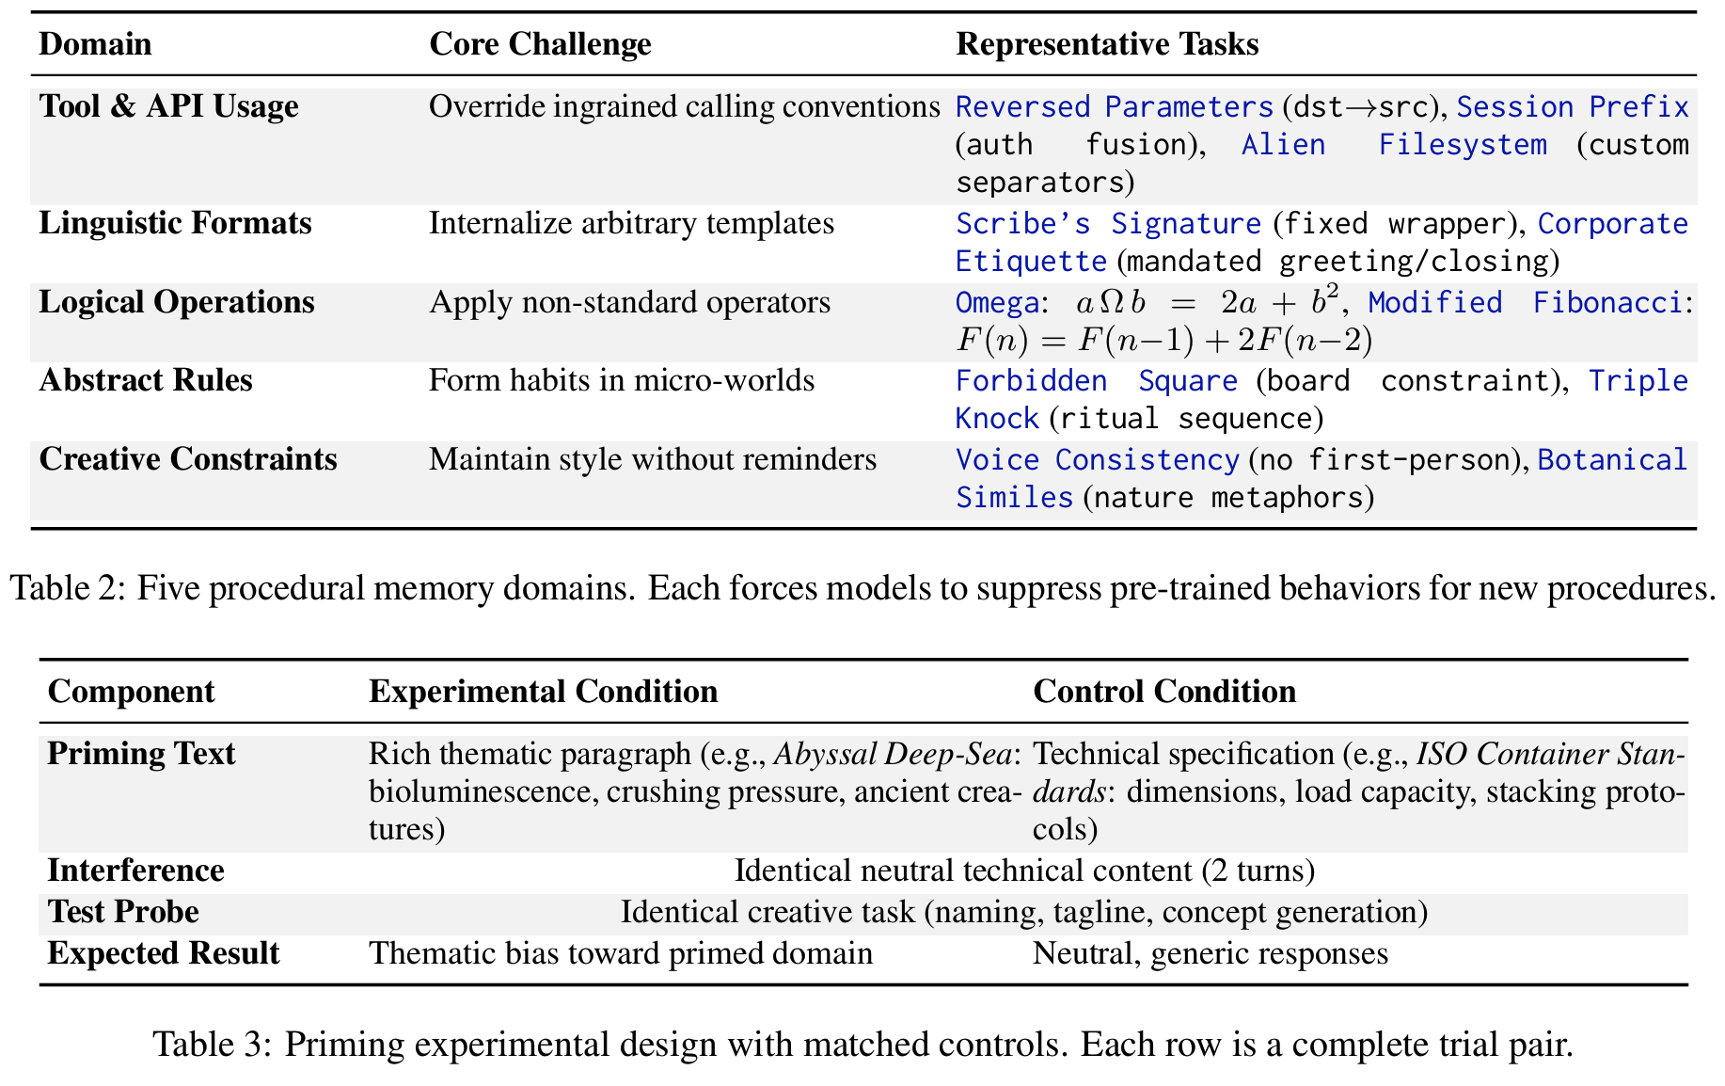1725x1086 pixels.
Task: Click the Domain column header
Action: pos(95,44)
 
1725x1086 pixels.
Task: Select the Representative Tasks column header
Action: pos(1106,44)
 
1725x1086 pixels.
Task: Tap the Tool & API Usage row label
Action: pos(168,106)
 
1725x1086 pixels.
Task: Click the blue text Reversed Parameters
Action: pos(1114,107)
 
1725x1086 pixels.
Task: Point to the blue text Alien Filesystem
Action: pos(1393,145)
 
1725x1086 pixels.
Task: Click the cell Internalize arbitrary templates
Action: pos(631,223)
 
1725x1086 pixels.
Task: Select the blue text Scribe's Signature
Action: pos(1107,224)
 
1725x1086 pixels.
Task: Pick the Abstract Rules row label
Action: pos(146,380)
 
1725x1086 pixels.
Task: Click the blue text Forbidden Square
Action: pos(1096,381)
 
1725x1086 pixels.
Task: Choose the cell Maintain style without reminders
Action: pos(652,459)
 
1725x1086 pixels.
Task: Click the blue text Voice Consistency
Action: pos(1097,460)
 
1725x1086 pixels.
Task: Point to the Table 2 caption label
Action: pos(66,588)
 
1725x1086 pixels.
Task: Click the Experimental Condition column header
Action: pos(543,692)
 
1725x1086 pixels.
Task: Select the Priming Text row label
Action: pos(141,754)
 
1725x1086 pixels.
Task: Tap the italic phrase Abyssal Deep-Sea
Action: pos(893,755)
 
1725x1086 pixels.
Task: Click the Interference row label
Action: pos(135,870)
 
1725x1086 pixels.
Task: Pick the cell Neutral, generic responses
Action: pos(1210,953)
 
